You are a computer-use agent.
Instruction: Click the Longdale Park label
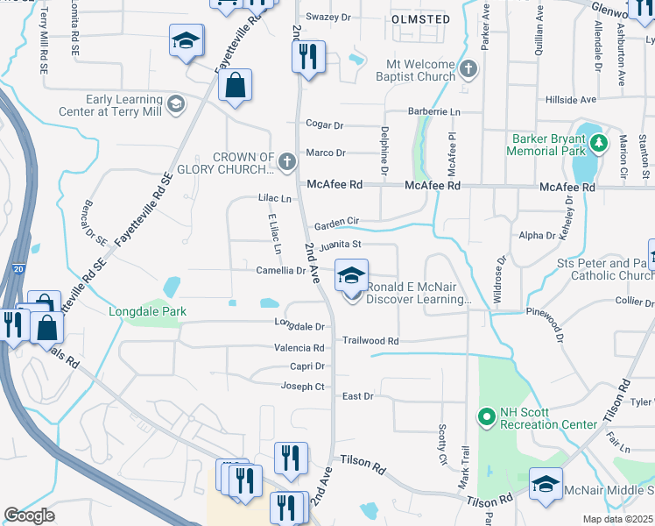142,311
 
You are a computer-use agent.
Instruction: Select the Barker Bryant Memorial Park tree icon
598,142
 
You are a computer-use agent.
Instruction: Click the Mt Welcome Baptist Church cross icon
468,68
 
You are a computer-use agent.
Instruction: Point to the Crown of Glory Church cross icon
286,160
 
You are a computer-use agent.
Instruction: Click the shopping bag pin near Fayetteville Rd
235,86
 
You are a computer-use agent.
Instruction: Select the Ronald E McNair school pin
351,276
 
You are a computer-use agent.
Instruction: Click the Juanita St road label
340,245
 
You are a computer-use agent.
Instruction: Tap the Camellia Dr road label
280,270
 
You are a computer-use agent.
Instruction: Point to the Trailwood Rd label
370,340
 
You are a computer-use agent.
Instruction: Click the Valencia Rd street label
299,348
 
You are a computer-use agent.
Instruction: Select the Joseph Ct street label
303,386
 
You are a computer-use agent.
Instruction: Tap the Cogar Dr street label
325,125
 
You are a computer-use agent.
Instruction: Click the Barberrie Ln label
434,112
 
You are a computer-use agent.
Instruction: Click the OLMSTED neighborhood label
420,19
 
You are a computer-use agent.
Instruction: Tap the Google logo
29,515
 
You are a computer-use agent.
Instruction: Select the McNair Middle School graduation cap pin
546,485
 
